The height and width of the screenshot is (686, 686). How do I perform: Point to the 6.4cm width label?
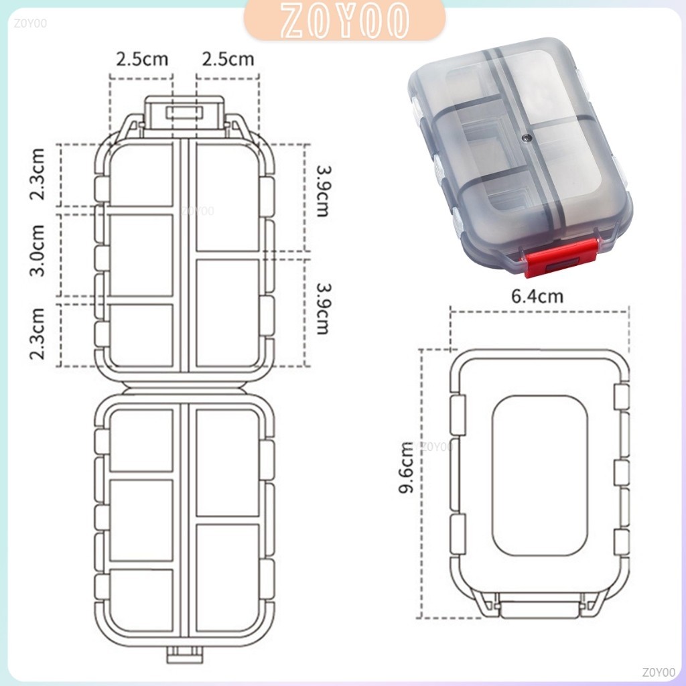[x=537, y=296]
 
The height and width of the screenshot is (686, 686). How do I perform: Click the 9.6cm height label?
[x=406, y=467]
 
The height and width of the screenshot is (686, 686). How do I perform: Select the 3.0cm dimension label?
[x=38, y=251]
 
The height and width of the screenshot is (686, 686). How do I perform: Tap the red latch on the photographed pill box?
[x=561, y=258]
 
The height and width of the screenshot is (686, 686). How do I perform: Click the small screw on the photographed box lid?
[x=528, y=139]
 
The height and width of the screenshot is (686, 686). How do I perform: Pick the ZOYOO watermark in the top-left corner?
[x=30, y=23]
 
